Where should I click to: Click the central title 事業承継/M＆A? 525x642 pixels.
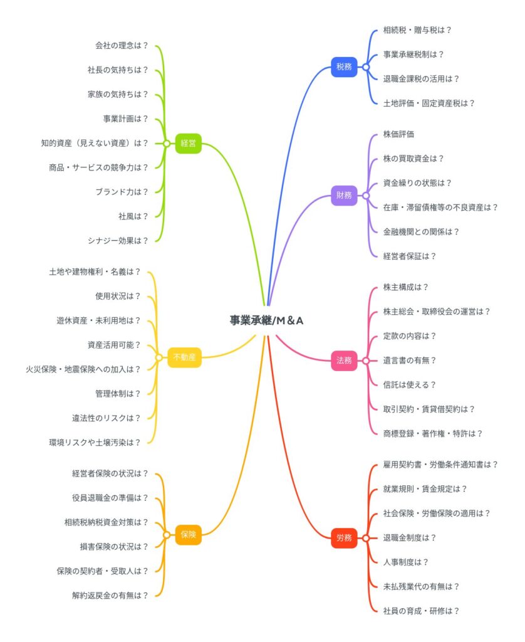click(266, 320)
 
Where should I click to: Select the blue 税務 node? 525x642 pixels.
click(344, 66)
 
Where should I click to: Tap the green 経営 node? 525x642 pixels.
click(188, 144)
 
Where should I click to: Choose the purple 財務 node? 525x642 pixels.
click(344, 196)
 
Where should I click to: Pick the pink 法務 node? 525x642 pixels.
click(344, 360)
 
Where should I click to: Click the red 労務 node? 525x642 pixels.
click(344, 537)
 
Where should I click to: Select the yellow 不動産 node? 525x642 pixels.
click(185, 357)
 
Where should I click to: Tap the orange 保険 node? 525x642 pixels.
click(188, 535)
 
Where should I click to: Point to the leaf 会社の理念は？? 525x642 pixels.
click(122, 45)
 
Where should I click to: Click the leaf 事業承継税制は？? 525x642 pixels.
click(413, 55)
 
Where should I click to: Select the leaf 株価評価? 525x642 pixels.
click(398, 134)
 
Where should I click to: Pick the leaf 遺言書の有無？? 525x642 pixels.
click(409, 360)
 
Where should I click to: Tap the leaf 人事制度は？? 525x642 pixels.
click(405, 562)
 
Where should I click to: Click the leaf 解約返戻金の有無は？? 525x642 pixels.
click(110, 596)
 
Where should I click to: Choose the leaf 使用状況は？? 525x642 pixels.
click(118, 296)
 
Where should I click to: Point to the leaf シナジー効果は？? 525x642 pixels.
click(118, 241)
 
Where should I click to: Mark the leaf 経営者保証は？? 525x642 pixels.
click(409, 256)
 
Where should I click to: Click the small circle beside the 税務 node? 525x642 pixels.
click(366, 67)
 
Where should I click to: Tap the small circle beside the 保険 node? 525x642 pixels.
click(167, 535)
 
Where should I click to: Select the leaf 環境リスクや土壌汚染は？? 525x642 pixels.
click(95, 443)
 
